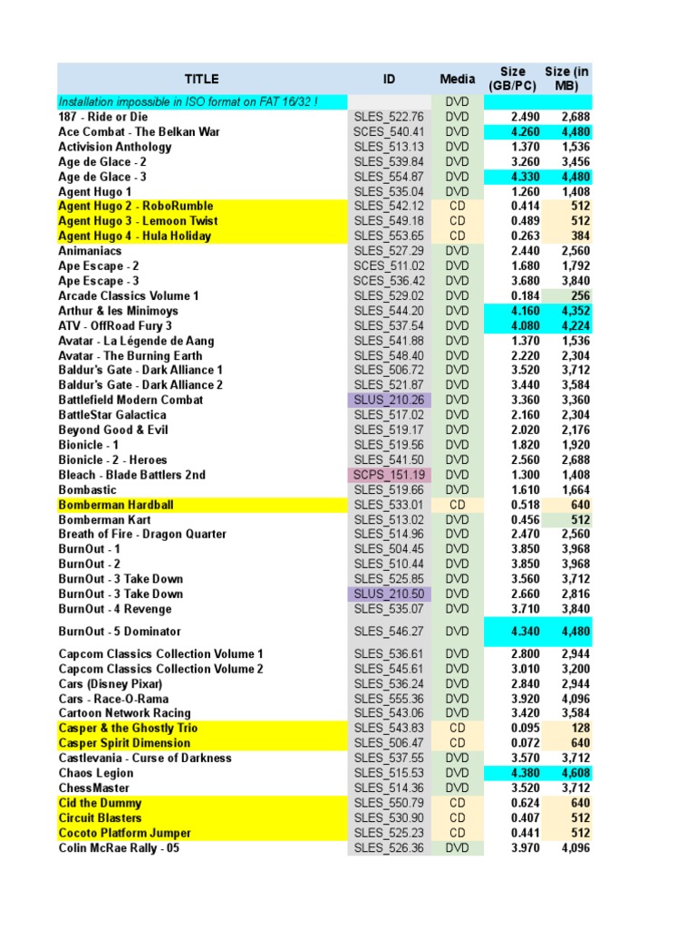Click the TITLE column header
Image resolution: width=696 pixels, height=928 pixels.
pyautogui.click(x=201, y=79)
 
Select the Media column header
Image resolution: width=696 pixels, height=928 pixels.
pyautogui.click(x=458, y=79)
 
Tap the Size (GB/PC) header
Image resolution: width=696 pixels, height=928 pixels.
pyautogui.click(x=512, y=79)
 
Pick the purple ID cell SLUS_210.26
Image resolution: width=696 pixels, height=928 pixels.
pyautogui.click(x=389, y=400)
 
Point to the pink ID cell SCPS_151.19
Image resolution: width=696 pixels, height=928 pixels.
pyautogui.click(x=389, y=475)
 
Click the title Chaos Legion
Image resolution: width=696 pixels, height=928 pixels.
pyautogui.click(x=96, y=773)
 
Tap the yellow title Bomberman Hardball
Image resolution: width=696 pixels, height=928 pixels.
pyautogui.click(x=116, y=505)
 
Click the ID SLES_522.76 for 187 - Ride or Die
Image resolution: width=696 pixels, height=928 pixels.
pyautogui.click(x=389, y=117)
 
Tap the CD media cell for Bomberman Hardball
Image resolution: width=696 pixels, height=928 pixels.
pyautogui.click(x=458, y=505)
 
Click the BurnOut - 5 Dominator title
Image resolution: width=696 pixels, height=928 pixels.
pyautogui.click(x=120, y=632)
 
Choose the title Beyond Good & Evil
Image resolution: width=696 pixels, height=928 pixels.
pyautogui.click(x=113, y=430)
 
